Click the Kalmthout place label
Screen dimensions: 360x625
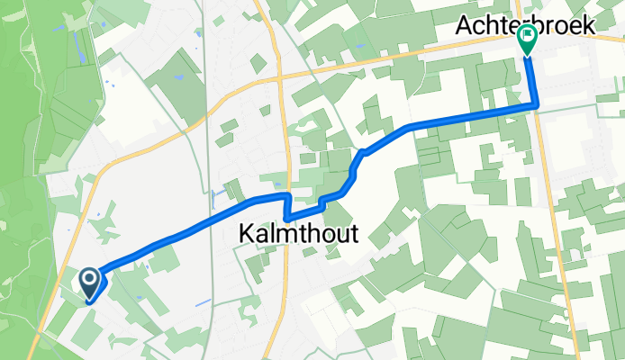point(298,234)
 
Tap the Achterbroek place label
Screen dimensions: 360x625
point(526,26)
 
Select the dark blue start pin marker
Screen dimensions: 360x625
point(91,284)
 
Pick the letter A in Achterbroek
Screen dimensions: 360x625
point(465,26)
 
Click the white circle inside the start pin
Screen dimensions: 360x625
point(91,279)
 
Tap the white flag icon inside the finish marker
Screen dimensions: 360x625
point(527,36)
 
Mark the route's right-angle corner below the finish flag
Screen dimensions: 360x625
point(537,106)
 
